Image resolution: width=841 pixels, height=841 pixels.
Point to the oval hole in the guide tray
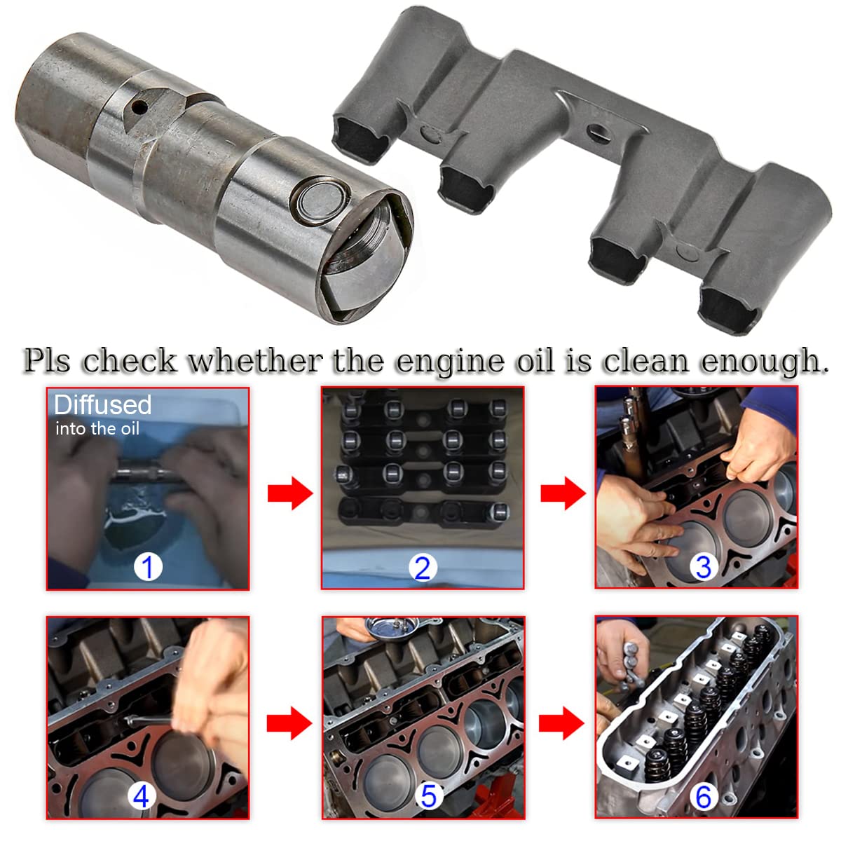597,130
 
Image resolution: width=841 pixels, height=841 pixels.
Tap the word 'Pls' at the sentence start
48,361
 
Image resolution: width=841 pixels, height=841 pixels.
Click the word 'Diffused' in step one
102,404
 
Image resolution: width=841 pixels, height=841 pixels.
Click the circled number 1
148,566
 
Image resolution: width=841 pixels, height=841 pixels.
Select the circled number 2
422,567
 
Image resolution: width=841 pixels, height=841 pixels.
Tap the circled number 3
703,566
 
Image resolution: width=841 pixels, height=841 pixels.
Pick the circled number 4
141,796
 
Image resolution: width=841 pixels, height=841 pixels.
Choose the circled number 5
428,796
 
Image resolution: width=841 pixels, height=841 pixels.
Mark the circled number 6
703,796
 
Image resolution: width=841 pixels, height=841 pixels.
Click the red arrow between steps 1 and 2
289,493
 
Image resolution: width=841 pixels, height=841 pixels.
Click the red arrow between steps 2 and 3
563,493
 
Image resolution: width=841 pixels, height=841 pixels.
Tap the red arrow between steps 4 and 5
289,723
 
